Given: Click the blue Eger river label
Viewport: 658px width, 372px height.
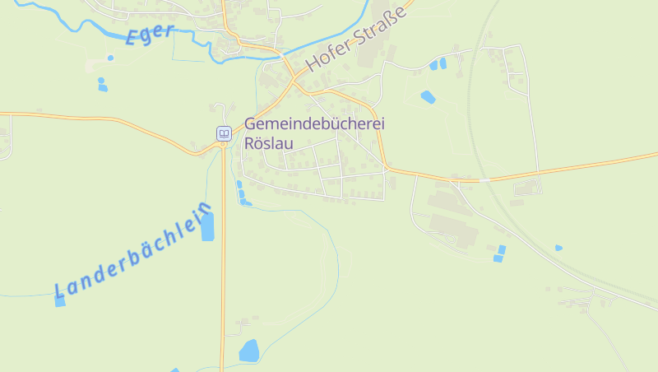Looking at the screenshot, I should (151, 35).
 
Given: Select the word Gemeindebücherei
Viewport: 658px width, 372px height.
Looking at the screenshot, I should (315, 123).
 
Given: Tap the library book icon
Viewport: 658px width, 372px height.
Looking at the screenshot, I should (223, 133).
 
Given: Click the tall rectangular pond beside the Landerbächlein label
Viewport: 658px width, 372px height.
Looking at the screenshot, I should (207, 226).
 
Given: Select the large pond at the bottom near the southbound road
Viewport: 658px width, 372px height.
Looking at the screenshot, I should (248, 351).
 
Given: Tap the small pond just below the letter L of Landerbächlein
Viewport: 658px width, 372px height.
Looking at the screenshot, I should (60, 301).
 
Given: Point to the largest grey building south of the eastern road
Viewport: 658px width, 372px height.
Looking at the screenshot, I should (452, 230).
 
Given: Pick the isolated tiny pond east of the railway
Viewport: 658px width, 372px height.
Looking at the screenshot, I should (558, 247).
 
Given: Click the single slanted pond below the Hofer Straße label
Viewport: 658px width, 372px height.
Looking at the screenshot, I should (428, 97).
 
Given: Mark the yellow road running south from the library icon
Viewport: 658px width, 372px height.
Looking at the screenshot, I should (222, 263).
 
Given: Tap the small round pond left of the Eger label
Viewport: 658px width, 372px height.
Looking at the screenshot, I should (110, 58).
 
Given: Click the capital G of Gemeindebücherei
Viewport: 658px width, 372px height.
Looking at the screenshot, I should (251, 123).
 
